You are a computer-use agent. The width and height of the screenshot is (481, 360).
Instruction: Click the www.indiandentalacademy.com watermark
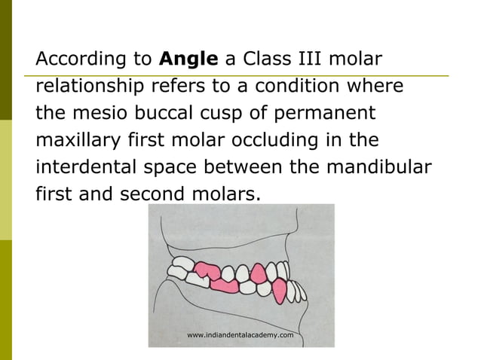point(240,334)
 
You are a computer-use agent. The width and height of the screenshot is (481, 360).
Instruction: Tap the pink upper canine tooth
point(259,273)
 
